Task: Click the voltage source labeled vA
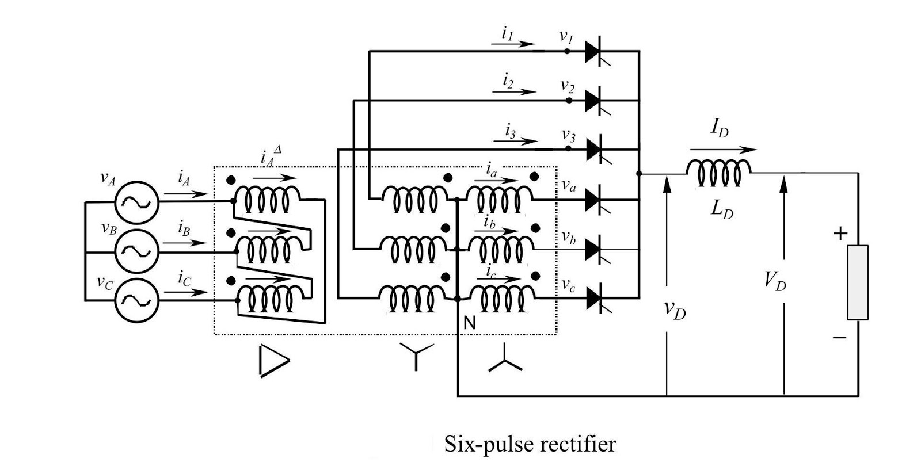click(x=137, y=202)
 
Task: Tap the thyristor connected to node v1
click(x=596, y=52)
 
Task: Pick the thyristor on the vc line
click(x=596, y=298)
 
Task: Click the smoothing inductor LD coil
click(x=718, y=172)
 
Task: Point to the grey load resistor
click(x=857, y=282)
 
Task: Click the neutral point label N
click(x=469, y=323)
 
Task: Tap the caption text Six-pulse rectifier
click(x=530, y=444)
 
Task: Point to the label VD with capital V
click(x=775, y=281)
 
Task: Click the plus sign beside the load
click(x=840, y=234)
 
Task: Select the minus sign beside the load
click(x=839, y=337)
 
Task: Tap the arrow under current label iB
click(x=184, y=243)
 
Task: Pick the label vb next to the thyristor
click(x=568, y=237)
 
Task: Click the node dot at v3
click(x=568, y=148)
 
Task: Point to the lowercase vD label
click(x=675, y=311)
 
